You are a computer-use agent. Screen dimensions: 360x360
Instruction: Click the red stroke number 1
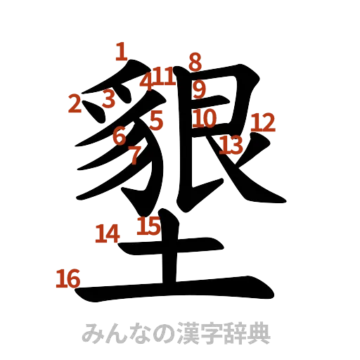pos(121,51)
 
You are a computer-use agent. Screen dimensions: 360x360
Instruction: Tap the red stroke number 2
pos(75,105)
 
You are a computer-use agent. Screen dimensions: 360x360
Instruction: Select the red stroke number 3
pos(108,99)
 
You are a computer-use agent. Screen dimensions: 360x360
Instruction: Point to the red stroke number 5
pos(156,120)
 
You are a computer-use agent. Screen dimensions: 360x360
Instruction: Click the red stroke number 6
pos(120,134)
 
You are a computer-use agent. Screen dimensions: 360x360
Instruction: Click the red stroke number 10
pos(205,117)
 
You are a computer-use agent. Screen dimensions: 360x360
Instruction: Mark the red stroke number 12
pos(263,123)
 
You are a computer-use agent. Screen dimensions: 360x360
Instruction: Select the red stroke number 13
pos(230,146)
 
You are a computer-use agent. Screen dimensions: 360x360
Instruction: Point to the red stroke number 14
pos(108,233)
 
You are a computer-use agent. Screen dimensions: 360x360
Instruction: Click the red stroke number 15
pos(148,225)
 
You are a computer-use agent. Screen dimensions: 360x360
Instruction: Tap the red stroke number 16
pos(67,280)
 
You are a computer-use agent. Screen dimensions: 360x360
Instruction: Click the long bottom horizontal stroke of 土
pos(176,290)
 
